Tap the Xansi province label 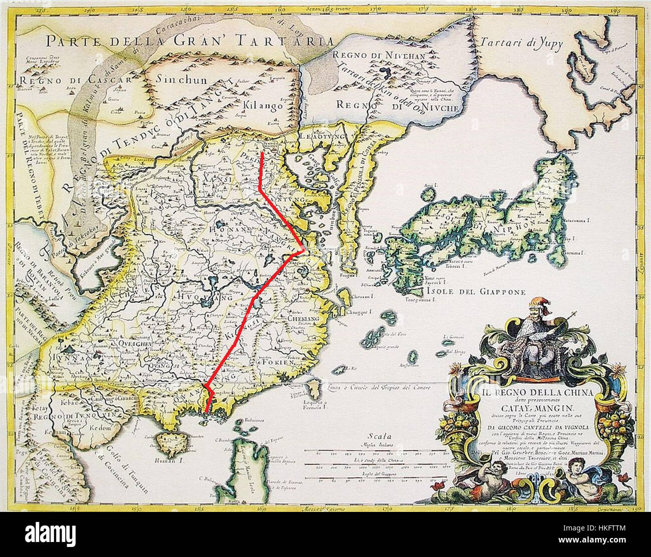214,179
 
